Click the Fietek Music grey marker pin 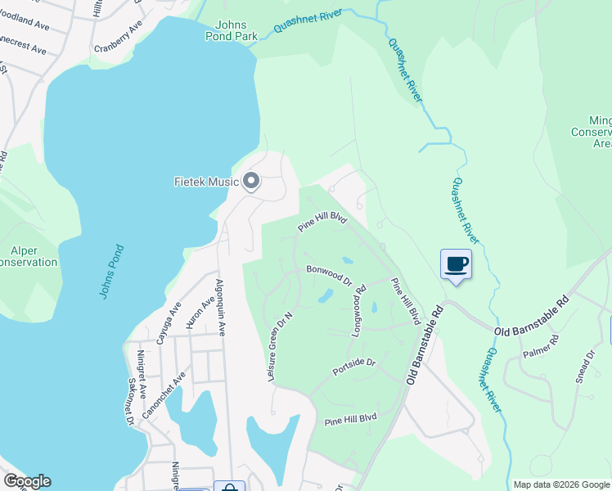pyautogui.click(x=251, y=182)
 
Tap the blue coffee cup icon pyautogui.click(x=456, y=264)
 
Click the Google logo pyautogui.click(x=27, y=481)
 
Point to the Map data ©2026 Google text pyautogui.click(x=561, y=484)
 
